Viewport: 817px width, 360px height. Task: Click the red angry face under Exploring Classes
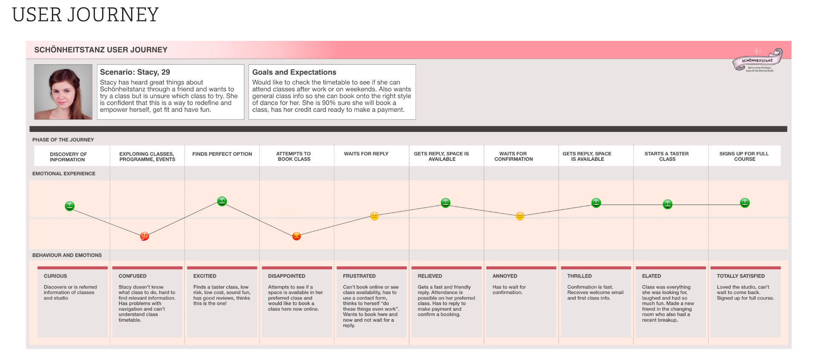[x=145, y=236]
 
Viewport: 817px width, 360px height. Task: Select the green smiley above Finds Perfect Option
[x=222, y=201]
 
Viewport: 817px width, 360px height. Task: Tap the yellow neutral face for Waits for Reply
[x=374, y=216]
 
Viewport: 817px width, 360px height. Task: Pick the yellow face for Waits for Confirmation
[x=520, y=216]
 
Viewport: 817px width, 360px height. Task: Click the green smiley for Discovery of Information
[x=70, y=206]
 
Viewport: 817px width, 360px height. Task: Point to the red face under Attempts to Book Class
[x=297, y=236]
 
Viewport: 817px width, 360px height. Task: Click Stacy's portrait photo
[x=63, y=92]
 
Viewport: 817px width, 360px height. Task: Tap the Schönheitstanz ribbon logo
[x=757, y=61]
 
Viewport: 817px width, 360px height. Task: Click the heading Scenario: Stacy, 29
[x=135, y=72]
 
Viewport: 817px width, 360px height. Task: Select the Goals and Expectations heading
[x=294, y=72]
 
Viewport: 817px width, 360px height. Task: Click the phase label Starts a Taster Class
[x=667, y=156]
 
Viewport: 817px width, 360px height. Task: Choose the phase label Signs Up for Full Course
[x=744, y=156]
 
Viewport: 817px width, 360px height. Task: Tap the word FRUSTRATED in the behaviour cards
[x=359, y=276]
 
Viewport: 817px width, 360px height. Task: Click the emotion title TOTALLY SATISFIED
[x=740, y=276]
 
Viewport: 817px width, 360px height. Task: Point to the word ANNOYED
[x=505, y=276]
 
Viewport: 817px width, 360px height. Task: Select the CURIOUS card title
[x=55, y=276]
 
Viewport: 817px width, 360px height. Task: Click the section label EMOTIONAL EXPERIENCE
[x=64, y=174]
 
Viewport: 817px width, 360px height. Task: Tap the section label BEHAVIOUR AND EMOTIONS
[x=67, y=255]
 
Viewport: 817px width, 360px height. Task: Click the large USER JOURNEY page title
[x=86, y=15]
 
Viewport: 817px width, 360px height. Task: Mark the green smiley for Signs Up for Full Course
[x=745, y=203]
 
